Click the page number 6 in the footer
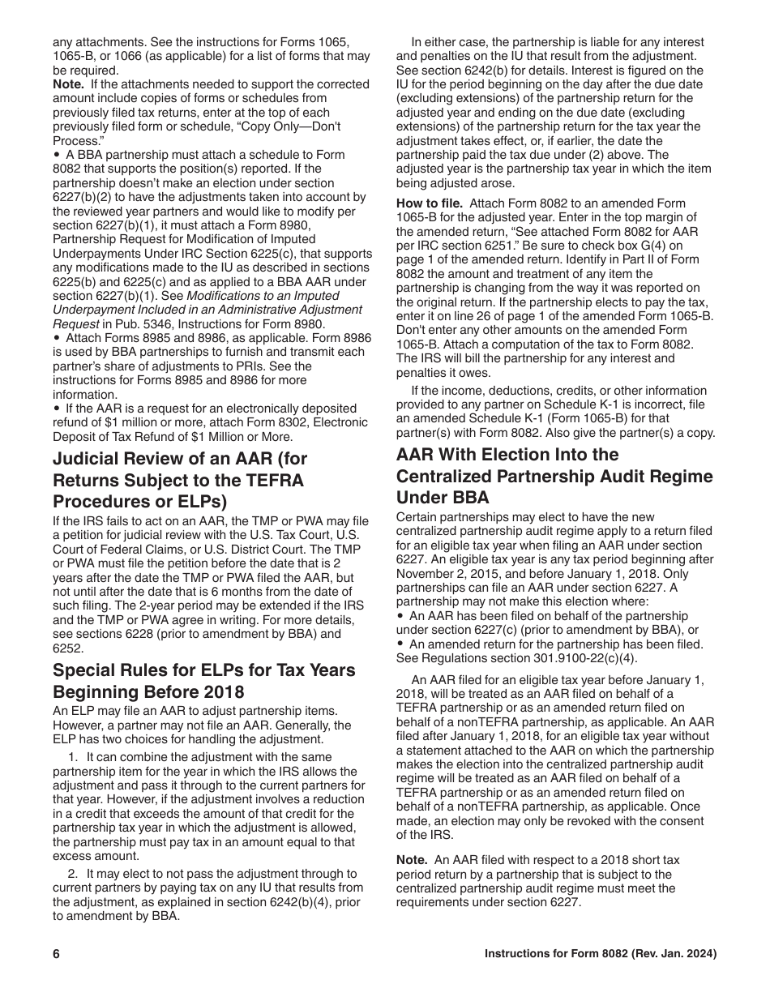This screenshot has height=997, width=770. pyautogui.click(x=57, y=954)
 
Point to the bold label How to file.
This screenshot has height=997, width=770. pyautogui.click(x=429, y=203)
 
